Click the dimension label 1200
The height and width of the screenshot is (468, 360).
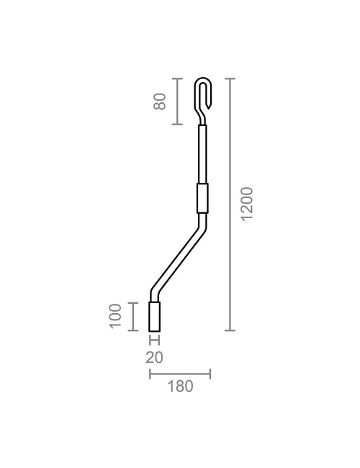(247, 204)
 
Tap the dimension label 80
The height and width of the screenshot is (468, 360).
(161, 101)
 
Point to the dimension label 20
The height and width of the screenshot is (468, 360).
(154, 357)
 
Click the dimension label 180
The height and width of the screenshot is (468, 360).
(180, 387)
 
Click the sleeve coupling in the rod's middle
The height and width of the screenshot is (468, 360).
(202, 198)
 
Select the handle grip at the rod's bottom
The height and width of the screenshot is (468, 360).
(154, 317)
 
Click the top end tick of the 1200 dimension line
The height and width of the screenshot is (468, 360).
(230, 77)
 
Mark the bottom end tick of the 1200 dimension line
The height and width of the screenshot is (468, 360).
(230, 330)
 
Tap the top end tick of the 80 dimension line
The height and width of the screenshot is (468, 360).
(178, 77)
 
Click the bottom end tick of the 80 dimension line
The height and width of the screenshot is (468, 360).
(178, 125)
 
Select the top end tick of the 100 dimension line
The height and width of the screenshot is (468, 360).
(133, 303)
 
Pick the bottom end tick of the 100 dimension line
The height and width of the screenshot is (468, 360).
(133, 330)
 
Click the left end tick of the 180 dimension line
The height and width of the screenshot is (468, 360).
(149, 374)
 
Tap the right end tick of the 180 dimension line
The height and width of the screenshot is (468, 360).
(210, 374)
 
